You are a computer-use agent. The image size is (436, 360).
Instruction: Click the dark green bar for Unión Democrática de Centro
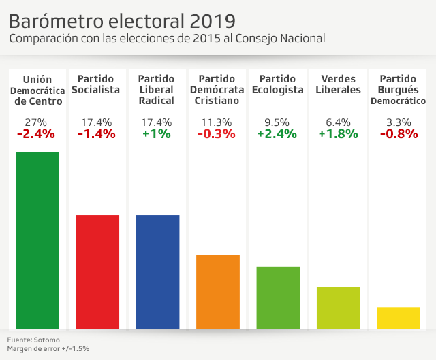click(37, 240)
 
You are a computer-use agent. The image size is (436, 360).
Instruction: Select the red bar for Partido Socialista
click(97, 272)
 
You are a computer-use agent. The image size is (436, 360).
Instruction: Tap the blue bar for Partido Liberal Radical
click(158, 272)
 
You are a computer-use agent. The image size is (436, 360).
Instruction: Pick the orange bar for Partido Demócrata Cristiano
click(218, 291)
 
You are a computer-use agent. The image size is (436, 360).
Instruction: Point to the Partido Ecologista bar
click(278, 297)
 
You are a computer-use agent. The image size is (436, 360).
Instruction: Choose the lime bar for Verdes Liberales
click(339, 308)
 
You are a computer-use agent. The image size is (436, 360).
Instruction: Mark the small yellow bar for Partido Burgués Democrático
click(399, 318)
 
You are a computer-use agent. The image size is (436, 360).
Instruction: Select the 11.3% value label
click(217, 122)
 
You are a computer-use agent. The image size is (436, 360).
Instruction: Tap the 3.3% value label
click(399, 122)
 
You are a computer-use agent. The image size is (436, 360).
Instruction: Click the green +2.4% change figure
click(277, 134)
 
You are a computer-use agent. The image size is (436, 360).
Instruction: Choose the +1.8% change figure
click(338, 134)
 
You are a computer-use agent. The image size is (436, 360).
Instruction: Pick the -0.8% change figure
click(399, 134)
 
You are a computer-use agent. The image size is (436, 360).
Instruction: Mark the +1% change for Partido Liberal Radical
click(157, 134)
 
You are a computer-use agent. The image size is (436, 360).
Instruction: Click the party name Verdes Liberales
click(339, 84)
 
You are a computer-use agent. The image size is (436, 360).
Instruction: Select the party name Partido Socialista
click(99, 84)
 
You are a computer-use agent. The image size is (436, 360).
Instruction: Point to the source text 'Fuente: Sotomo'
click(33, 339)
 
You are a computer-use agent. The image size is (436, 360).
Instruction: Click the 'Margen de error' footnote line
click(48, 348)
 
